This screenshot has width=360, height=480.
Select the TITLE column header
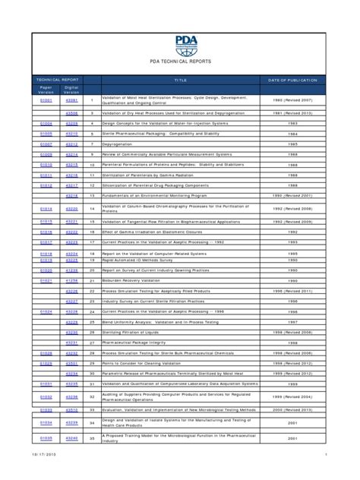click(x=180, y=80)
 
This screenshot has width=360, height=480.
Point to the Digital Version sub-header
click(x=71, y=90)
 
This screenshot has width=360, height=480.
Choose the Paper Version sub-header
click(x=46, y=90)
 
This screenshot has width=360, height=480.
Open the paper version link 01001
click(x=46, y=99)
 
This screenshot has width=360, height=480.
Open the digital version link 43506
click(x=71, y=112)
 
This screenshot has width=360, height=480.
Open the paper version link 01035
click(x=46, y=438)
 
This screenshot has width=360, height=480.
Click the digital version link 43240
click(x=71, y=438)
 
